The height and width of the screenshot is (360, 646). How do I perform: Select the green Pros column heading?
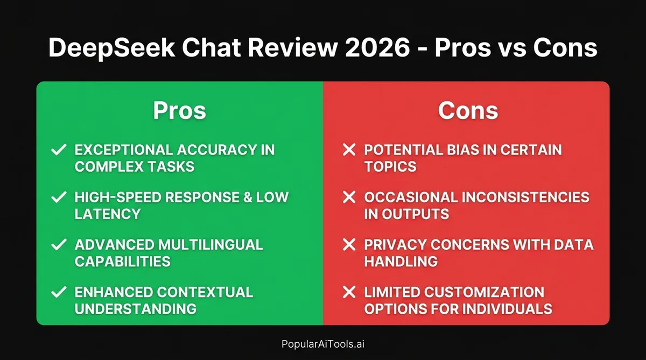(x=179, y=110)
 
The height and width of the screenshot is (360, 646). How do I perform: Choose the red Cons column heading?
(x=468, y=110)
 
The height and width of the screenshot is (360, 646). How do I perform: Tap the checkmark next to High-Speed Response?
(x=58, y=197)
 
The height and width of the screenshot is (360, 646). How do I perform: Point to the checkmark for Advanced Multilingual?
(x=58, y=245)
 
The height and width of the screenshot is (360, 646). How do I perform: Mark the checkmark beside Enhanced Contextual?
(x=58, y=293)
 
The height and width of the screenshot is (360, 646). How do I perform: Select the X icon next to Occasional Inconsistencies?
(x=349, y=197)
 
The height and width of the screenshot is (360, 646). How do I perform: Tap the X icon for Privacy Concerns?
(x=349, y=245)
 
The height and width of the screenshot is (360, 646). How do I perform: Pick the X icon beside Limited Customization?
(x=349, y=293)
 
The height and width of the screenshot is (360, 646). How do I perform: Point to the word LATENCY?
(x=108, y=214)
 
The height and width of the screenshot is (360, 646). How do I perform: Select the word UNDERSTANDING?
(x=135, y=309)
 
